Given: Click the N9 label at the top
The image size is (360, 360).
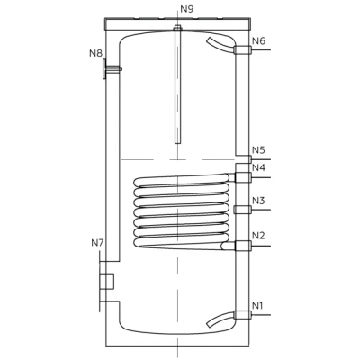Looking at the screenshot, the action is tap(187, 9).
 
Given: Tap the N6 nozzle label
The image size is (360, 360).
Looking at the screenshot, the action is tap(259, 40).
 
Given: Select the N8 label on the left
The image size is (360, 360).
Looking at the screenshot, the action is tap(96, 53).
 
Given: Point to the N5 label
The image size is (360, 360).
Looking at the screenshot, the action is tap(258, 150).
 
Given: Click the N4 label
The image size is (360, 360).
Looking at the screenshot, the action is tap(258, 167).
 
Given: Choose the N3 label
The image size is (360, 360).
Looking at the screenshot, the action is tap(258, 201).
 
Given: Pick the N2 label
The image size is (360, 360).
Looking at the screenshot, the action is tap(258, 236).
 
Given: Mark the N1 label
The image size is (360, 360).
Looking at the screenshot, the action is tap(257, 306).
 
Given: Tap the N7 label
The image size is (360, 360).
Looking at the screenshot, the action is tap(97, 243).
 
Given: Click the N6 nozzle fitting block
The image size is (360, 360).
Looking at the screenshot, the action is tap(242, 49).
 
